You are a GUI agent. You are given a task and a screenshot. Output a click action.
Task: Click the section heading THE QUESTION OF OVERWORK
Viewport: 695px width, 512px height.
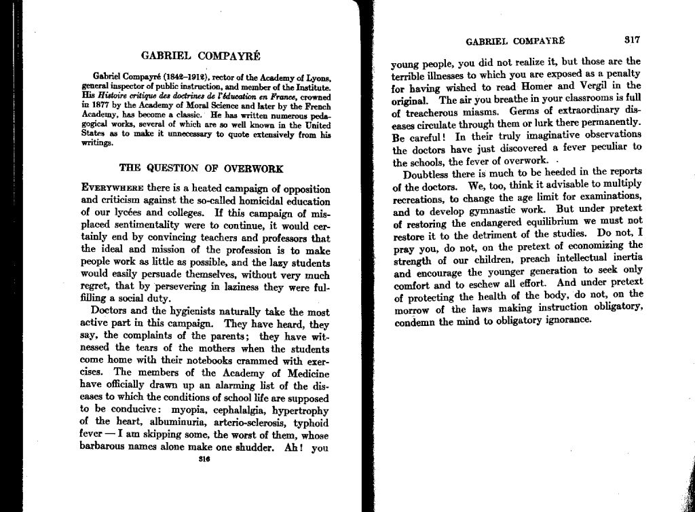[x=202, y=168]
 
